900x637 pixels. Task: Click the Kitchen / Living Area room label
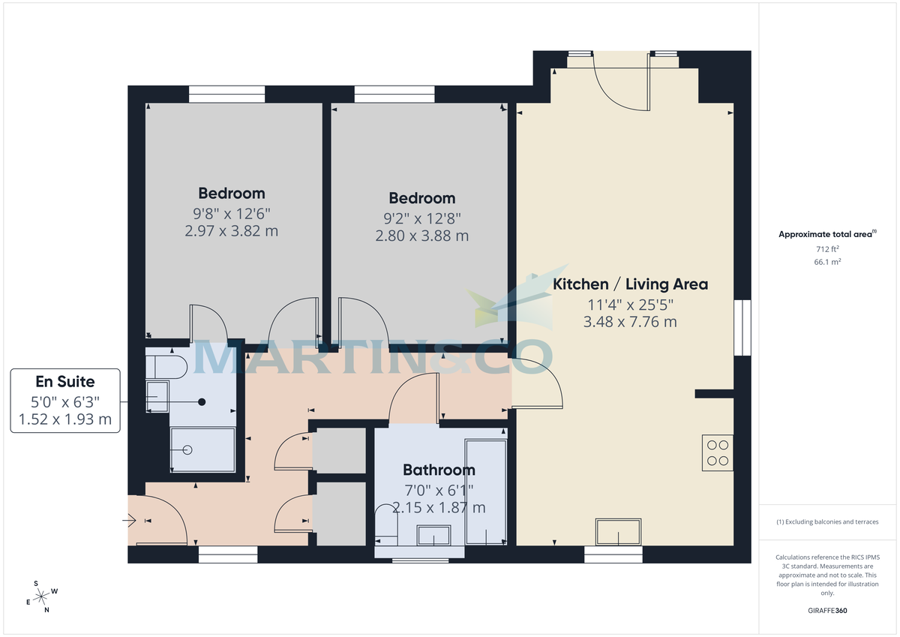click(630, 284)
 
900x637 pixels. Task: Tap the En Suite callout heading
click(64, 382)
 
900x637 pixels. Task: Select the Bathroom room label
click(439, 470)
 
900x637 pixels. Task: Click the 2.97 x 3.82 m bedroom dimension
click(231, 231)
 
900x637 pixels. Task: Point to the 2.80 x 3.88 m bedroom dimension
click(421, 236)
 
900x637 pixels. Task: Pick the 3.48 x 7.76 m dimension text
click(630, 322)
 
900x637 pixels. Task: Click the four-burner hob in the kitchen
click(718, 452)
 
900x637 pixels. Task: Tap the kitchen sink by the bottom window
click(619, 532)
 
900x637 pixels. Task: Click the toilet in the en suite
click(165, 368)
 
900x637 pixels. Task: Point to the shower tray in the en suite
click(202, 449)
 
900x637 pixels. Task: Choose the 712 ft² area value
click(827, 249)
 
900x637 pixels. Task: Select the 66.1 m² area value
click(827, 262)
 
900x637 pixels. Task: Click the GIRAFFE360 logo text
click(827, 611)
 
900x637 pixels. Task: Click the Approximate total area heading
click(826, 235)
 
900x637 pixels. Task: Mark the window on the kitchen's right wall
click(742, 327)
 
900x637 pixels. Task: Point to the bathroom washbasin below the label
click(433, 536)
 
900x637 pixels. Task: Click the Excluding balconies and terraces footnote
click(827, 521)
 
